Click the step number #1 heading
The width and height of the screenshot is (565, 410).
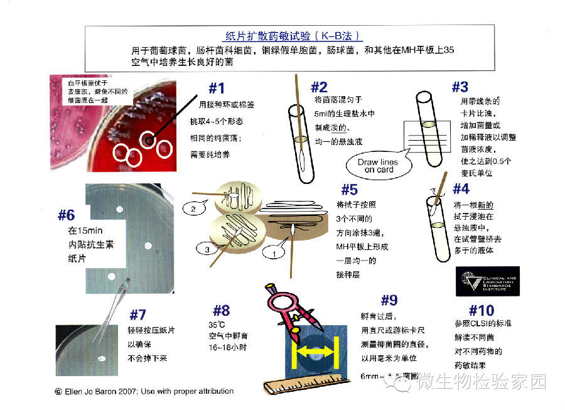point(216,87)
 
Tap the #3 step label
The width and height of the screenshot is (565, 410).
point(460,87)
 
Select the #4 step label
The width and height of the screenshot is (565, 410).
point(460,188)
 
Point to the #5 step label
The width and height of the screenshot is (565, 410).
point(349,190)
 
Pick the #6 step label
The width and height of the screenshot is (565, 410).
point(67,215)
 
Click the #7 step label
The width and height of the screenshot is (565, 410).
point(137,314)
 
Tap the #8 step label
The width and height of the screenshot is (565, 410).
point(221,310)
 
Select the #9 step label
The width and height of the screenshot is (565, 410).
point(390,299)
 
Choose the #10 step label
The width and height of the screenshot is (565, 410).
point(482,310)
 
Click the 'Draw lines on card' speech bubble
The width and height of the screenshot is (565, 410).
point(377,166)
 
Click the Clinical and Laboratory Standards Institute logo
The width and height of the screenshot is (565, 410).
point(487,281)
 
